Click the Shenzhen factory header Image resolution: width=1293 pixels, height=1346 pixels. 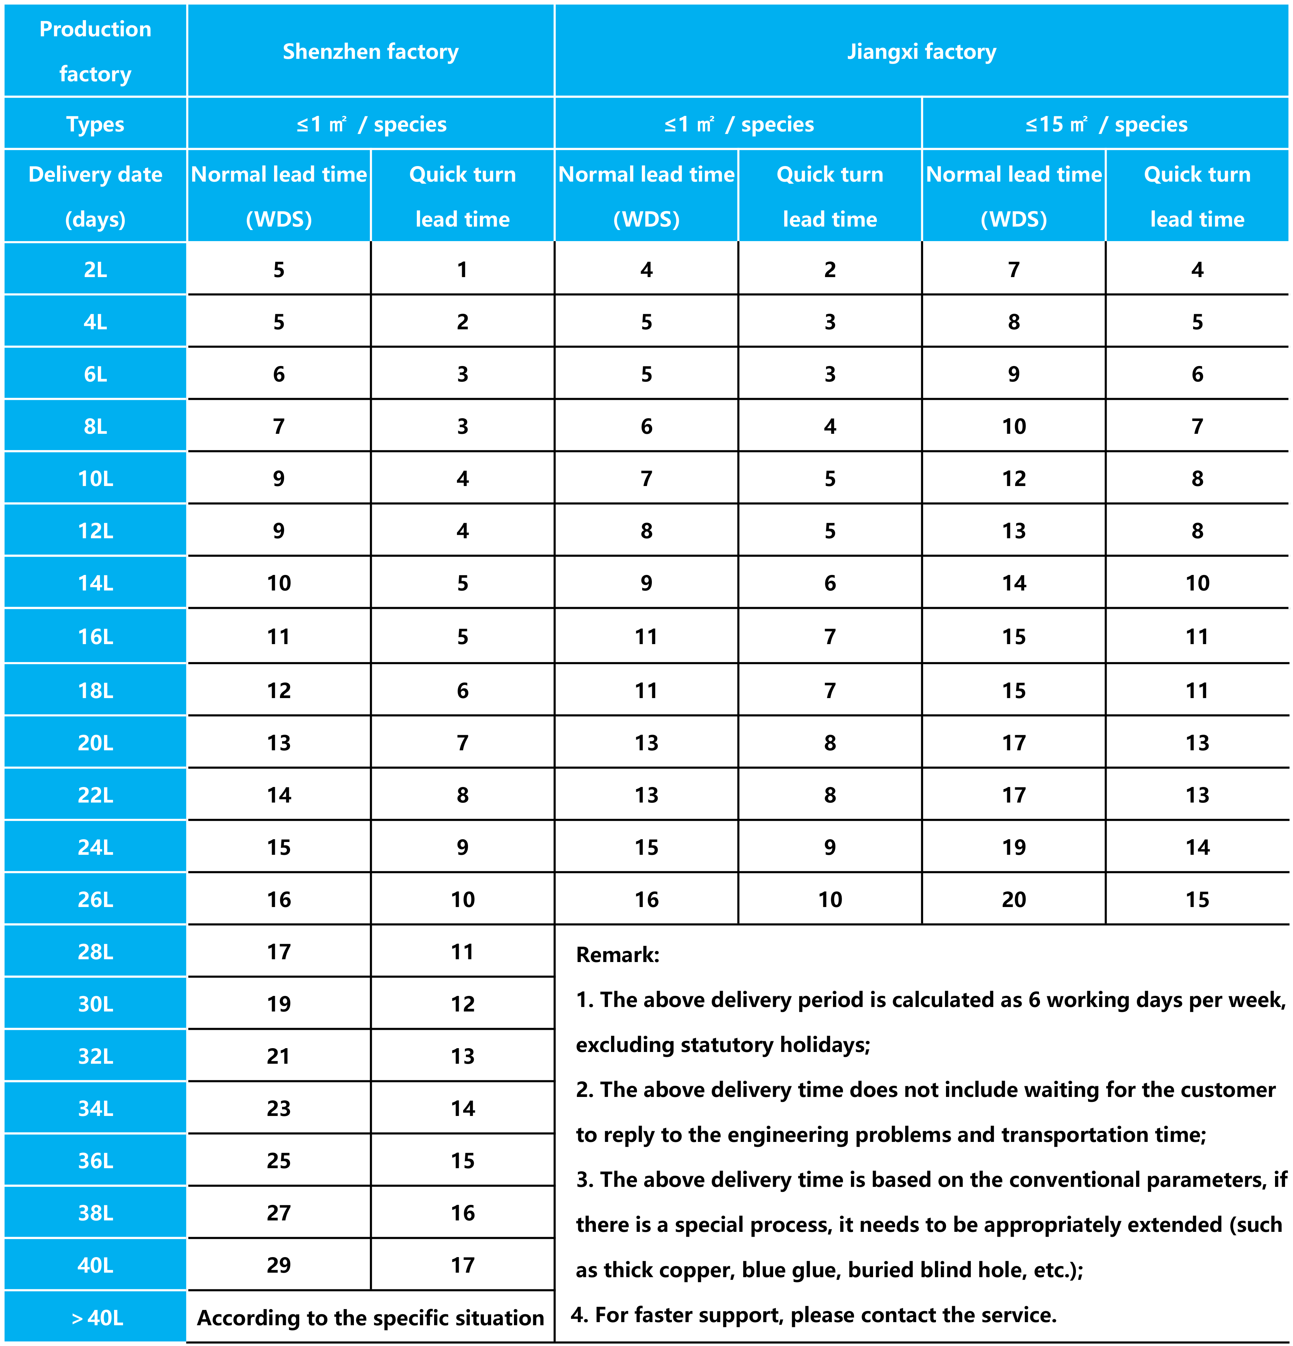pyautogui.click(x=371, y=52)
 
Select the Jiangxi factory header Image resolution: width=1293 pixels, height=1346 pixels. pyautogui.click(x=921, y=52)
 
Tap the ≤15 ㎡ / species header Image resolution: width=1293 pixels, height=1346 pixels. pyautogui.click(x=1106, y=124)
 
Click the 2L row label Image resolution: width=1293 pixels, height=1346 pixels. pyautogui.click(x=95, y=269)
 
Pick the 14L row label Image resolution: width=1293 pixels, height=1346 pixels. pyautogui.click(x=95, y=583)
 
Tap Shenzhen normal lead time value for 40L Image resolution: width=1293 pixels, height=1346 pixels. pyautogui.click(x=279, y=1265)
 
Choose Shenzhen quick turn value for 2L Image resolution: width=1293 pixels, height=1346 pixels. pyautogui.click(x=462, y=269)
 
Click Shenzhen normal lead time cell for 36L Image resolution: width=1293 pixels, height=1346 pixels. pyautogui.click(x=279, y=1161)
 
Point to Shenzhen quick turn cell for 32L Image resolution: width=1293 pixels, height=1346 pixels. pyautogui.click(x=462, y=1056)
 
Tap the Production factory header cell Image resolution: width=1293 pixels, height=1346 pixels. pyautogui.click(x=95, y=52)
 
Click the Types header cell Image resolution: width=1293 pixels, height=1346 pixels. pyautogui.click(x=95, y=124)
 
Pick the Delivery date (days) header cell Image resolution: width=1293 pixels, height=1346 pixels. pyautogui.click(x=95, y=196)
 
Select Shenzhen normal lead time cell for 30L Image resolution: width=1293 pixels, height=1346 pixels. pyautogui.click(x=279, y=1004)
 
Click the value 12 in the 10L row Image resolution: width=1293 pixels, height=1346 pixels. pyautogui.click(x=1014, y=479)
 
